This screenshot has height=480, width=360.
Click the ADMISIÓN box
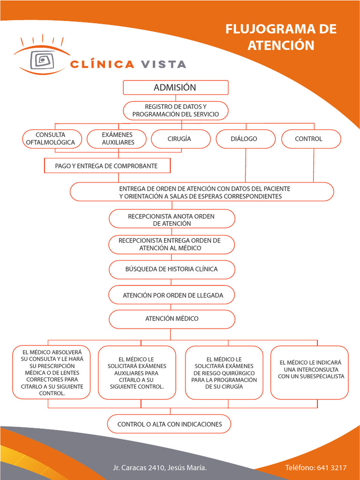[176, 88]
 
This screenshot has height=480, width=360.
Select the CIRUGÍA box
[180, 139]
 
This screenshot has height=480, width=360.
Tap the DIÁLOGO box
[246, 139]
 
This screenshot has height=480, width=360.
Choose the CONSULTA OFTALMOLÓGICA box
[52, 139]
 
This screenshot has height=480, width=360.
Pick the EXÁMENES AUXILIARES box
[117, 139]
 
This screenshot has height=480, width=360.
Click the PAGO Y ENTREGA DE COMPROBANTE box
[107, 165]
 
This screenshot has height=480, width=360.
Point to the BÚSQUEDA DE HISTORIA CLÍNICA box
[172, 270]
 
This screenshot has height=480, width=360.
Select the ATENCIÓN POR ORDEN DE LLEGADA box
[172, 295]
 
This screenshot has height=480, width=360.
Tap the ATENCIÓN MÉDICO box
[172, 319]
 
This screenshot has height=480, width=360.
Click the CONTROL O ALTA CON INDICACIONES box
[169, 424]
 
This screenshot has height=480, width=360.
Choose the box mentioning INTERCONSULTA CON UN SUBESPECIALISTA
[310, 373]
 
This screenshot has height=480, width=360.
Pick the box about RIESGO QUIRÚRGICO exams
[225, 373]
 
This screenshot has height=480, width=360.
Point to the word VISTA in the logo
[163, 64]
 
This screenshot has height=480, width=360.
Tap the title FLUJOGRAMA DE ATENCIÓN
[281, 37]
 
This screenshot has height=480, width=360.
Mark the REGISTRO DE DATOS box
[176, 111]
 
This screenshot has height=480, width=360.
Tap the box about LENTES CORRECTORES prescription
[52, 372]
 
